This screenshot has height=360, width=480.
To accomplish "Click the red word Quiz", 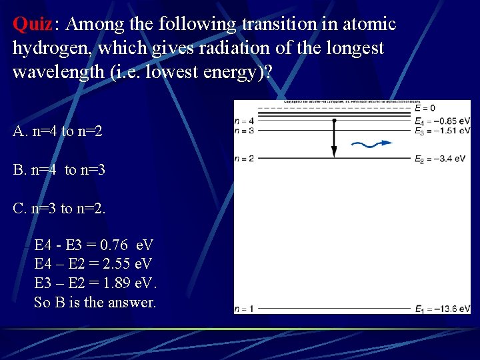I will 32,25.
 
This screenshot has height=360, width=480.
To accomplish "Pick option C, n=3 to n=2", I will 59,209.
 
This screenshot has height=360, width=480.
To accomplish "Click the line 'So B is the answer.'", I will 95,302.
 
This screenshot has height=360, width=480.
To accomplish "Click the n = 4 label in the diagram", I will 244,121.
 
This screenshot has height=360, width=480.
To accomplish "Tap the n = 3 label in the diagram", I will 244,131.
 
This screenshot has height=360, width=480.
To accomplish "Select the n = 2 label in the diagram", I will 244,159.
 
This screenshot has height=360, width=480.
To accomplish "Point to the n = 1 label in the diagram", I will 244,309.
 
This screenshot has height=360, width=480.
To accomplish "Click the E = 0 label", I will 425,108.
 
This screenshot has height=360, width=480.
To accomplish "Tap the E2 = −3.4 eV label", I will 439,159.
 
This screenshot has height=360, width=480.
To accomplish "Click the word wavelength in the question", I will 59,72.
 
